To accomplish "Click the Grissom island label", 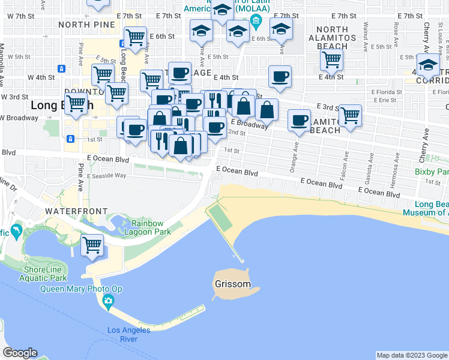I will (232, 284).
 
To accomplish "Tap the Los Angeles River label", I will (130, 334).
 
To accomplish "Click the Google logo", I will (20, 353).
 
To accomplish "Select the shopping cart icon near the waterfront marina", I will (92, 244).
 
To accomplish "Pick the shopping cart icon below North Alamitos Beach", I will (331, 59).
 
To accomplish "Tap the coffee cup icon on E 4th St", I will (280, 76).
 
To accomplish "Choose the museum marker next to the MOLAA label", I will (256, 23).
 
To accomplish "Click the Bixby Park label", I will (431, 172).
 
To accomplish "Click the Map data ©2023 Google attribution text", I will (412, 355).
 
